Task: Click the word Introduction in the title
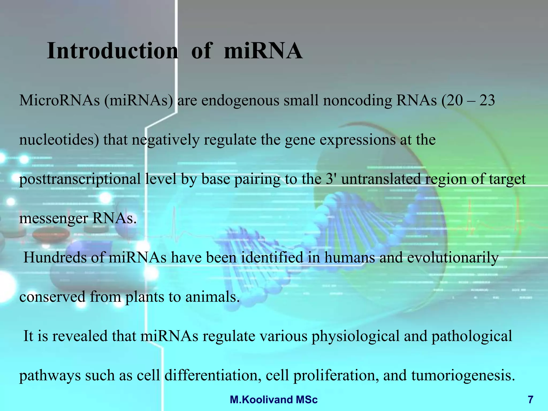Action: coord(112,51)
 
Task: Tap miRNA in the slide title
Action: coord(263,51)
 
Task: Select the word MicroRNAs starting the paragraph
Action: coord(59,101)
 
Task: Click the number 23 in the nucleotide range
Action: coord(487,101)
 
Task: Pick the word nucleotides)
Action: coord(59,140)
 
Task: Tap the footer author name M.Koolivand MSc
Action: coord(274,400)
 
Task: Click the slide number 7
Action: coord(530,400)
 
